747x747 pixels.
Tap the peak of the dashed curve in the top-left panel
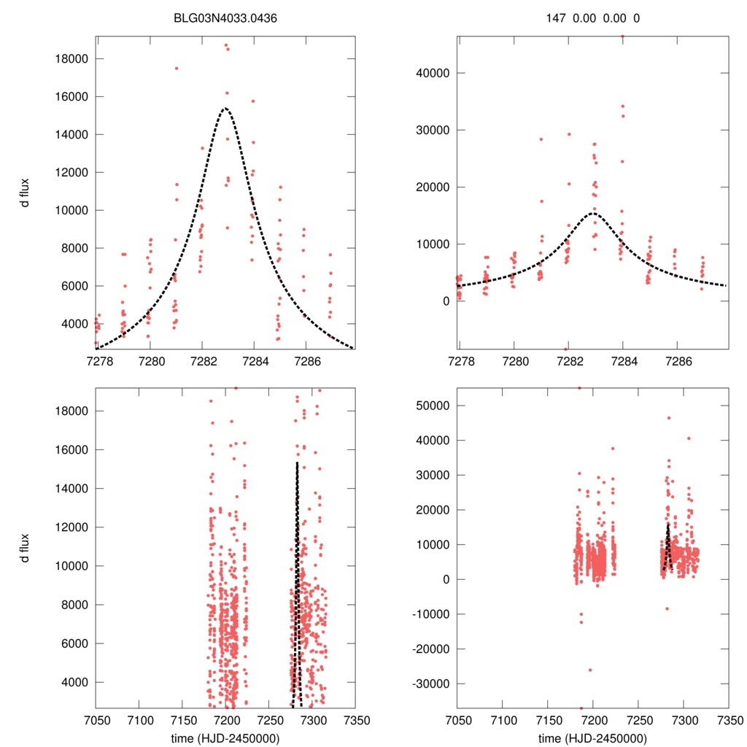pos(225,108)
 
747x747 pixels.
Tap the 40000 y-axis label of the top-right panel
pos(431,73)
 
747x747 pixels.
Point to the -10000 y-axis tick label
pos(429,615)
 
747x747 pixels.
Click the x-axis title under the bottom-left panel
pos(225,738)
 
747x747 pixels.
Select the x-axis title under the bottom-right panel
pos(592,738)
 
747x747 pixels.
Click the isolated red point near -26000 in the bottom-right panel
pos(590,670)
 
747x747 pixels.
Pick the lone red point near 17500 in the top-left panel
pos(177,69)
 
